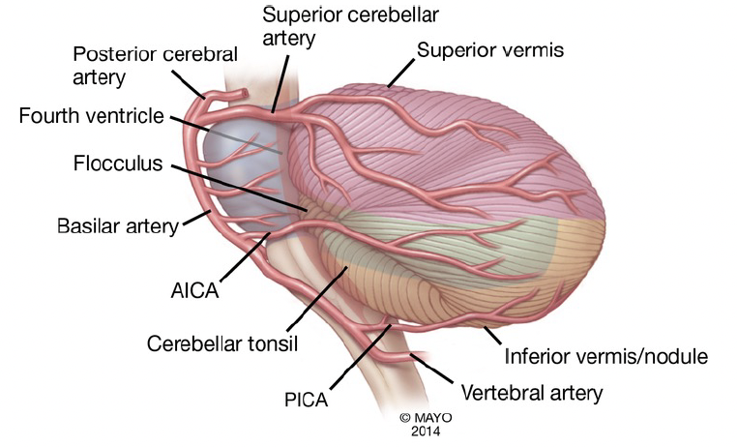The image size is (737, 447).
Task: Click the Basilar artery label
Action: click(119, 227)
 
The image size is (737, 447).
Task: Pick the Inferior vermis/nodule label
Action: click(606, 356)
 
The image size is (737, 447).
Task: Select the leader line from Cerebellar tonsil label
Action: click(310, 299)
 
